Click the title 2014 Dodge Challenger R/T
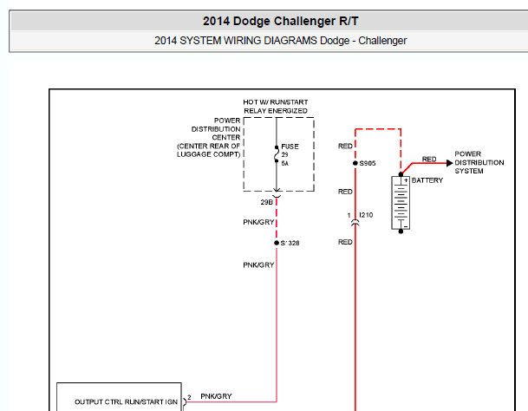click(x=280, y=21)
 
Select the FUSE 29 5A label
click(x=290, y=155)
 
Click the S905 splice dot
click(x=355, y=163)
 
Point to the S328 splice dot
click(x=277, y=243)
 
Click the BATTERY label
click(x=427, y=180)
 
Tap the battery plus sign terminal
click(x=406, y=180)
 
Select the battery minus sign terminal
click(x=406, y=226)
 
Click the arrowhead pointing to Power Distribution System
click(x=450, y=163)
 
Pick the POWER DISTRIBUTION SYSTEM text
click(x=479, y=162)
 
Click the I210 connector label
click(x=366, y=215)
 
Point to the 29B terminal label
click(x=266, y=202)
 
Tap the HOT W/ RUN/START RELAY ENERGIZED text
click(x=276, y=107)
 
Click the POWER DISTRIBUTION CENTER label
click(x=209, y=138)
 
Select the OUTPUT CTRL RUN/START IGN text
click(x=126, y=402)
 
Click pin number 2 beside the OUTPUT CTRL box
click(x=189, y=397)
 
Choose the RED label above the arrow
click(x=429, y=159)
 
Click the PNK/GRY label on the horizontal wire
click(x=216, y=396)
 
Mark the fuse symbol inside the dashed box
click(x=277, y=154)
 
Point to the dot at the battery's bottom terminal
click(x=401, y=232)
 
